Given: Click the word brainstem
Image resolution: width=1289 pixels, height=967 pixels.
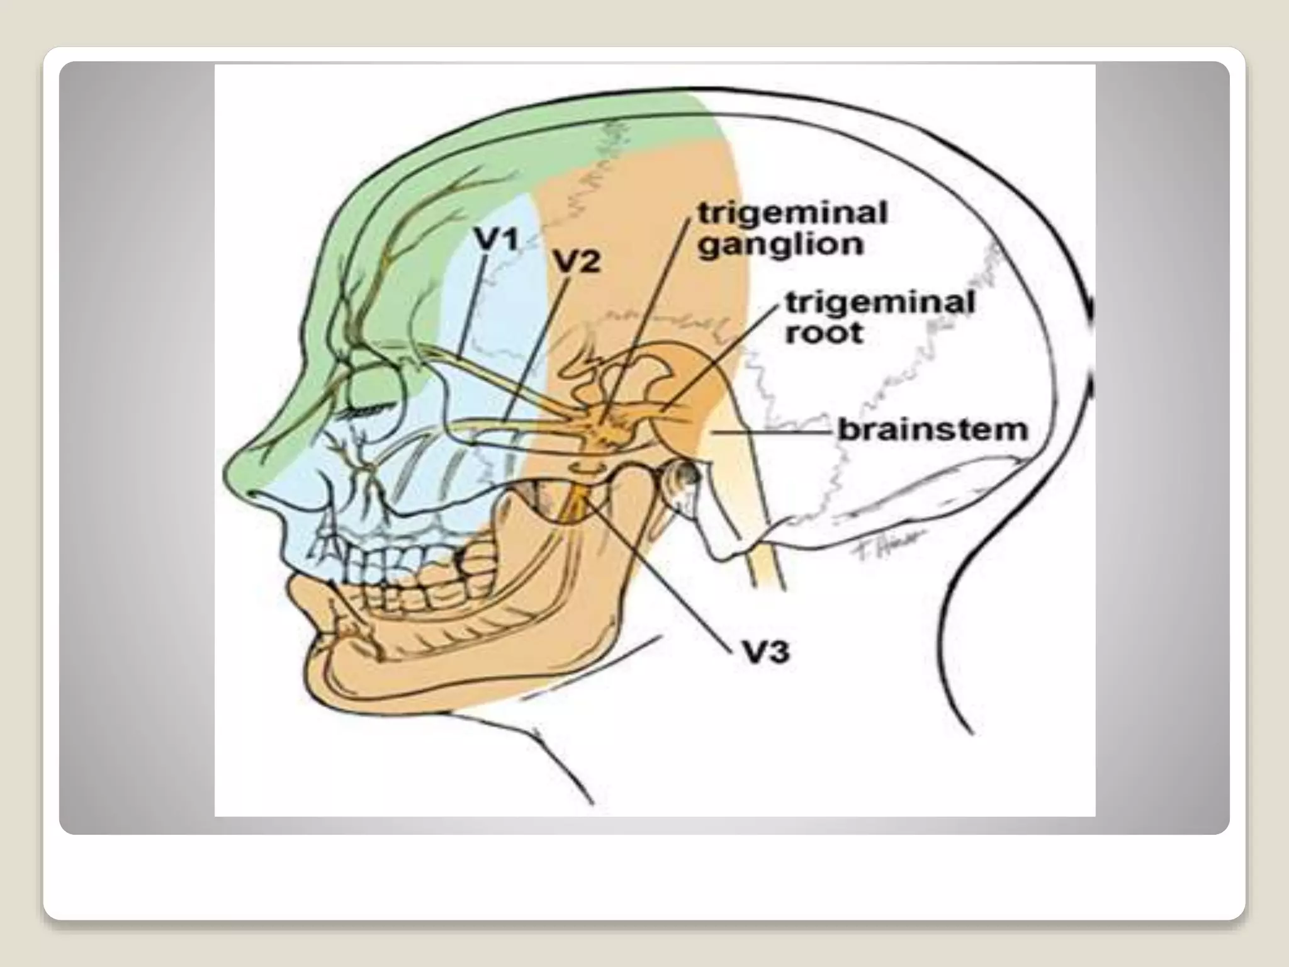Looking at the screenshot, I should coord(933,431).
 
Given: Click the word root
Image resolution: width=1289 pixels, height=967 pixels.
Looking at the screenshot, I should coord(824,332).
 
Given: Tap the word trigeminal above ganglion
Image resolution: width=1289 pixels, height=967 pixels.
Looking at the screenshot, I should coord(793,213).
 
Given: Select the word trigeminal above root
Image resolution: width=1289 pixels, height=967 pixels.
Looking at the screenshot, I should coord(880,303).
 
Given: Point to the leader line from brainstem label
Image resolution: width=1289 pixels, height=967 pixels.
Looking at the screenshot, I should coord(774,433).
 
